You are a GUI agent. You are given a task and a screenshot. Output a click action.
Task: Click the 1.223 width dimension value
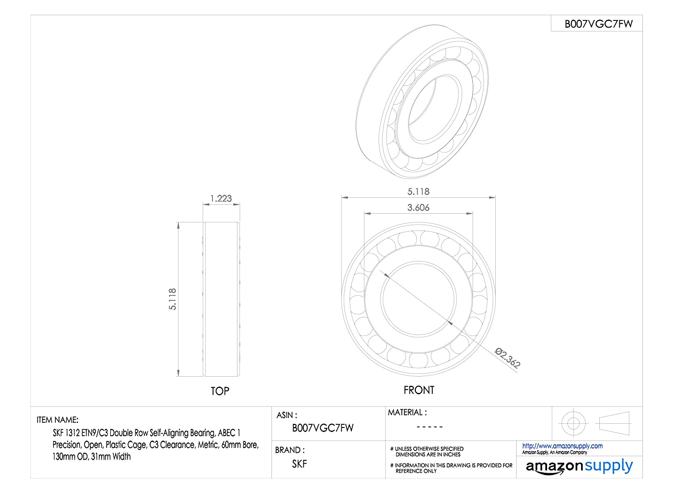(x=221, y=198)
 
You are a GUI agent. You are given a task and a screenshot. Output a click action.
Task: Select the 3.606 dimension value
(x=418, y=207)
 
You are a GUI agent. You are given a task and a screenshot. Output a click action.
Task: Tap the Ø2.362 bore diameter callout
(x=508, y=358)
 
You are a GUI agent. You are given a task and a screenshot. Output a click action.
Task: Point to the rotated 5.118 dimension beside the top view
(x=173, y=299)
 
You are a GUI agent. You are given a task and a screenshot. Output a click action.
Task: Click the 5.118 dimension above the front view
(x=418, y=191)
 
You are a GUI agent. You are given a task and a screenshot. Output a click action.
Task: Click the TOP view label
(x=220, y=391)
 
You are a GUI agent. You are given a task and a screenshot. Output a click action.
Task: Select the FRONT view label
(x=419, y=390)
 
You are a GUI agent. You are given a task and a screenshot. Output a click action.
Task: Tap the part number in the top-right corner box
(x=599, y=24)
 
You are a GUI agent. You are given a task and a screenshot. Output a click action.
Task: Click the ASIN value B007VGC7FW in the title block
(x=322, y=428)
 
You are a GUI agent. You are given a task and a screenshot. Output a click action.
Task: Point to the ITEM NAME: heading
(x=58, y=420)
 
